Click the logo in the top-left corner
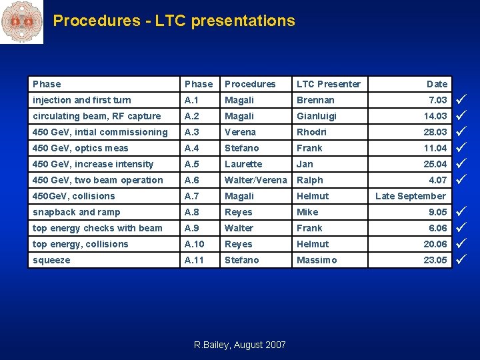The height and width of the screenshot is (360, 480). click(x=21, y=21)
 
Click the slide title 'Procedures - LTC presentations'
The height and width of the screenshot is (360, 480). click(x=173, y=21)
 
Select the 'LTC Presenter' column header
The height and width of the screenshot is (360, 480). click(x=328, y=84)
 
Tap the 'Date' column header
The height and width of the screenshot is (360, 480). click(x=437, y=84)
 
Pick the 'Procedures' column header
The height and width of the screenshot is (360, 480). click(x=250, y=84)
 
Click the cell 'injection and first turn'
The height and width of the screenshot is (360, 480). click(x=82, y=100)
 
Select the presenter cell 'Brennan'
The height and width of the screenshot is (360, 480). click(x=315, y=100)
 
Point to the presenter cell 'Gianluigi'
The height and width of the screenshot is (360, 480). click(x=317, y=116)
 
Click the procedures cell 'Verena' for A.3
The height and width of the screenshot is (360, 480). click(x=240, y=132)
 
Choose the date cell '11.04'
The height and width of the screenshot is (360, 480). click(x=435, y=148)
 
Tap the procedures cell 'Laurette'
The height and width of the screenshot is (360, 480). click(x=243, y=164)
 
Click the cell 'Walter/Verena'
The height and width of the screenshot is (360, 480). click(x=256, y=180)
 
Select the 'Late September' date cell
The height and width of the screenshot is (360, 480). click(x=410, y=196)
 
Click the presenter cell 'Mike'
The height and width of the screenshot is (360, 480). click(x=307, y=212)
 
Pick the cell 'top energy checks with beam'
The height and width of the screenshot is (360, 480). click(x=97, y=228)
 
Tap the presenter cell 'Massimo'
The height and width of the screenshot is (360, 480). click(x=317, y=260)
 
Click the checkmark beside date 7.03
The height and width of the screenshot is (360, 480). click(x=460, y=100)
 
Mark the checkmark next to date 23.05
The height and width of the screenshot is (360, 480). click(x=460, y=260)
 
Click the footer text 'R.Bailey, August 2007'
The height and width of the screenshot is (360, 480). click(x=239, y=345)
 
